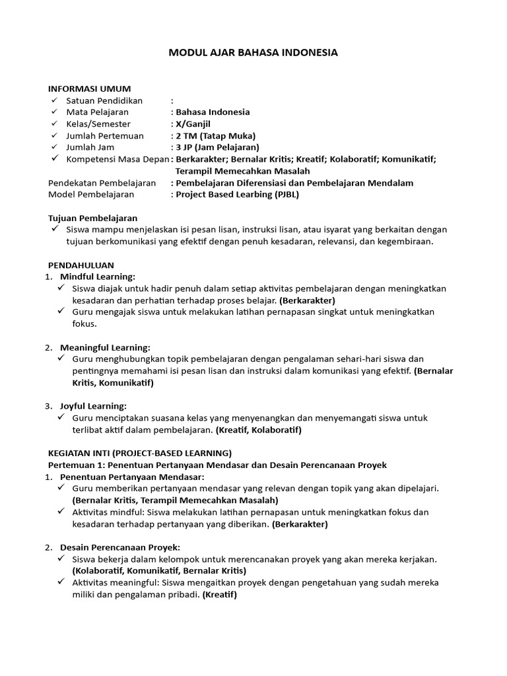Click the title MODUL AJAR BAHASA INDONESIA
click(x=253, y=52)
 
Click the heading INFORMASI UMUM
click(x=90, y=88)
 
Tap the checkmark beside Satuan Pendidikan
click(x=53, y=100)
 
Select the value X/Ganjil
click(x=193, y=124)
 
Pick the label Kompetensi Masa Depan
click(x=118, y=159)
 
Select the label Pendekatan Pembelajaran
click(x=102, y=183)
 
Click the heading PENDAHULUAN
click(x=81, y=265)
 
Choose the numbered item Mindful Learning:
click(x=98, y=277)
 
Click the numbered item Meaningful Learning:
click(x=105, y=347)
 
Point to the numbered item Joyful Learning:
click(x=93, y=405)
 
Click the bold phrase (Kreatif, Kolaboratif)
click(x=258, y=430)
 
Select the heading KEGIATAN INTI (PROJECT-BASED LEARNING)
click(x=140, y=453)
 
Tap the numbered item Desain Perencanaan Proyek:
click(x=120, y=547)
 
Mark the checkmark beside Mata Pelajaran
click(x=53, y=112)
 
